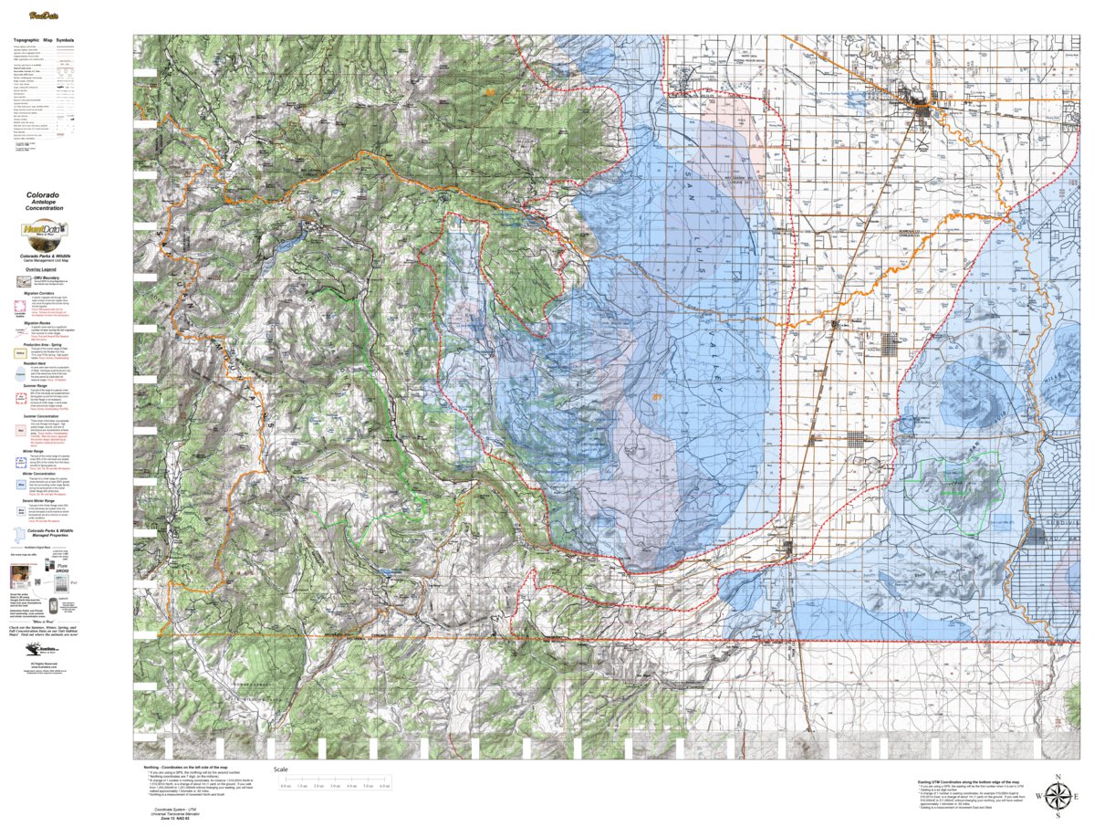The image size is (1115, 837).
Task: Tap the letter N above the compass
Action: coord(1057,777)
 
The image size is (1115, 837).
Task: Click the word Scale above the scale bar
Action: coord(281,769)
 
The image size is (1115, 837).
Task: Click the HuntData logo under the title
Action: coord(43,234)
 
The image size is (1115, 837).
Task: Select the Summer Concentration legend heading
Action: coord(44,415)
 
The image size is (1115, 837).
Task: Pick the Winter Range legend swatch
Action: coord(20,462)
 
